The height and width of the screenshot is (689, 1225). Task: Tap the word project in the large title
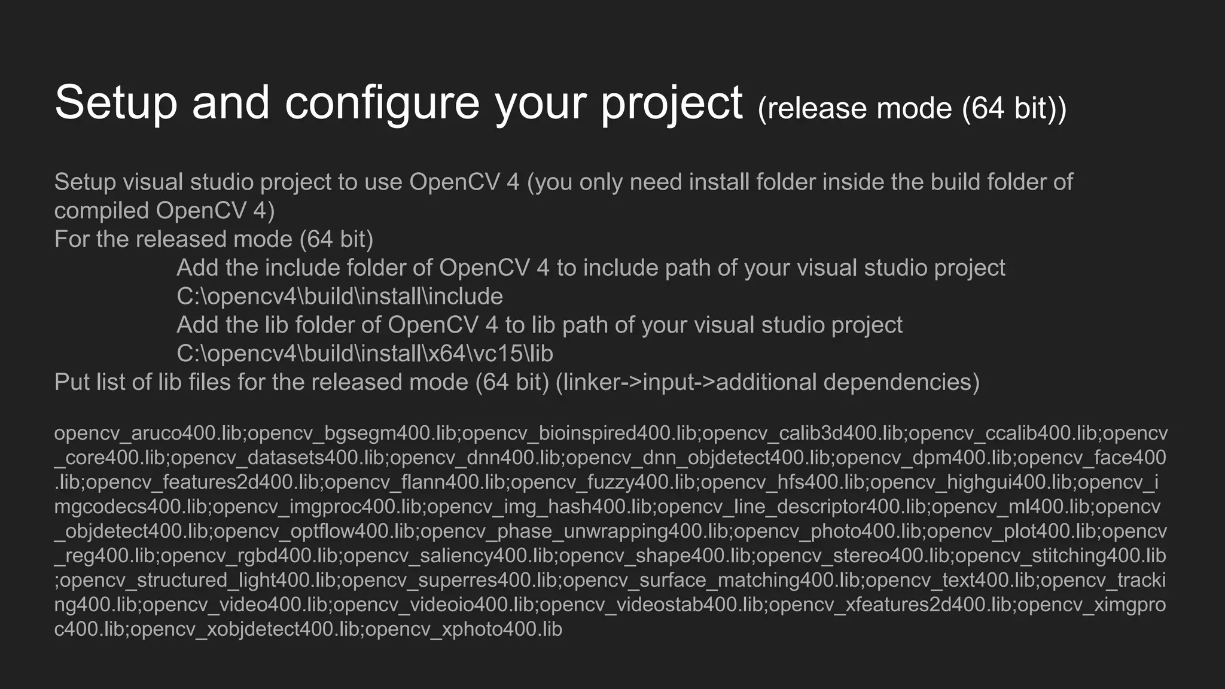[x=672, y=103]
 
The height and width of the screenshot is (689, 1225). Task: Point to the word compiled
[x=101, y=211]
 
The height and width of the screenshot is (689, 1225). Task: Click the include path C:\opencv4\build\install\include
[x=339, y=297]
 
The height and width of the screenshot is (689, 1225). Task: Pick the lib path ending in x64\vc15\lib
[x=364, y=354]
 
